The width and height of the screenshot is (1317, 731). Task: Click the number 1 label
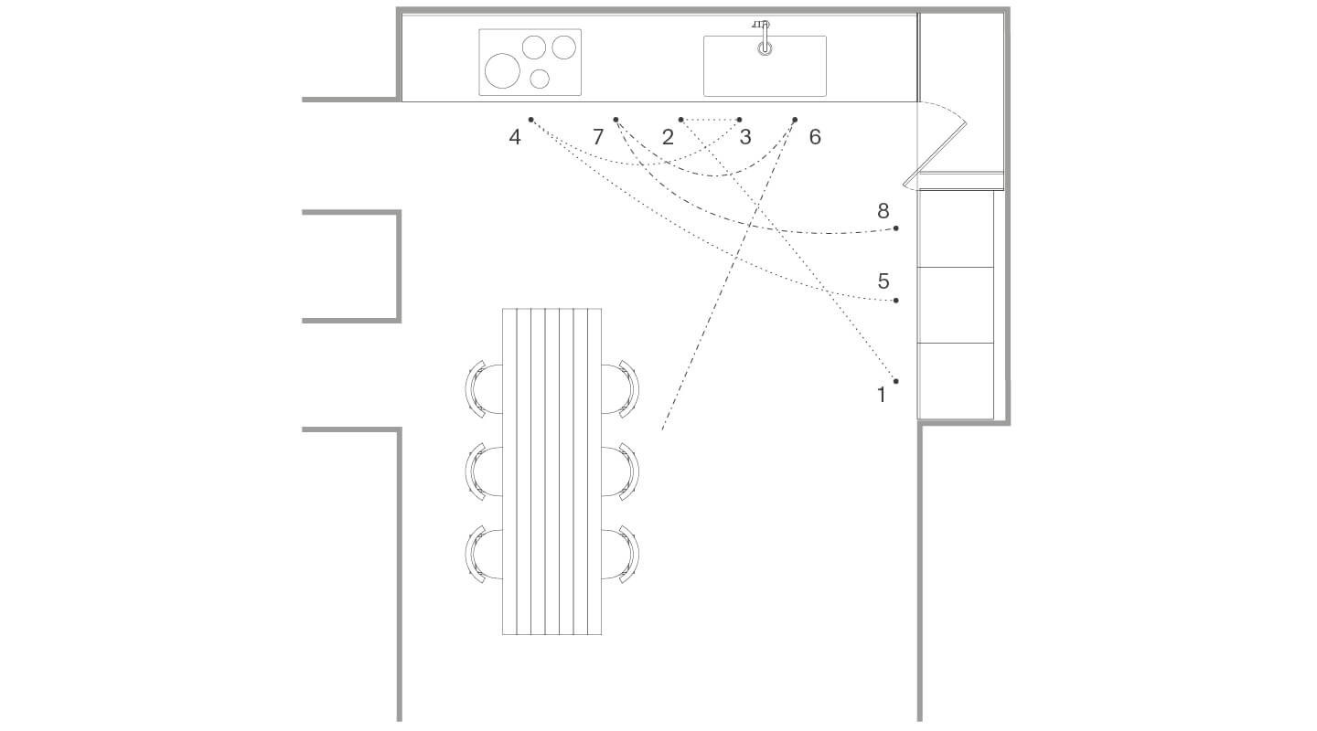882,396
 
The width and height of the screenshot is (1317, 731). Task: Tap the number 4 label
515,137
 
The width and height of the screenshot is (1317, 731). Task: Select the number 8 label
883,211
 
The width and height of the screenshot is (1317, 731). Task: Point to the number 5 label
883,281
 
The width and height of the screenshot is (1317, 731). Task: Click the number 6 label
815,137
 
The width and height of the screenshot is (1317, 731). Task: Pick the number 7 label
598,137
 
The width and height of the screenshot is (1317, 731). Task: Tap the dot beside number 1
896,381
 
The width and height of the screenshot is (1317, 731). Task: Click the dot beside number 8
896,228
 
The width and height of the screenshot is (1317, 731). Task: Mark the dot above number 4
530,120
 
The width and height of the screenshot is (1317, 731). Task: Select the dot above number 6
795,120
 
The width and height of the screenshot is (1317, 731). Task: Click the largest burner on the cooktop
502,70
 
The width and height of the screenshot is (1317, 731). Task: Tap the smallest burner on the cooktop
540,79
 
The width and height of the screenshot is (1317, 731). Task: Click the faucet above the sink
763,37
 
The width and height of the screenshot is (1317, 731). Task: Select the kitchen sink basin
765,66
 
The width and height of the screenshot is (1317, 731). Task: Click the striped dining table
551,471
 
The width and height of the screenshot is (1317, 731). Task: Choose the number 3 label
744,137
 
